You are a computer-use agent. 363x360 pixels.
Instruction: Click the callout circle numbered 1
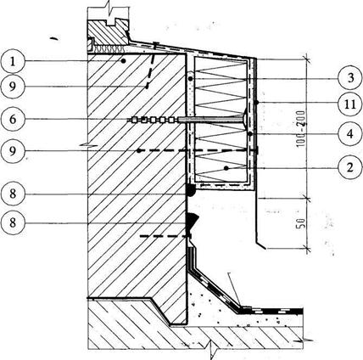point(13,61)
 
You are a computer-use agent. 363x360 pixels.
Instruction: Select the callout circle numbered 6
point(13,119)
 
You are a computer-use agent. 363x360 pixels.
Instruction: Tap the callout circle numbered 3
point(350,77)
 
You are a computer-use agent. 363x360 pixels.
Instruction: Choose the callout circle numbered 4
point(350,134)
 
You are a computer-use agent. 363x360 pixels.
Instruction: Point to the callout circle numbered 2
point(350,168)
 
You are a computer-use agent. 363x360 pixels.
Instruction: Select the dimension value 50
point(301,223)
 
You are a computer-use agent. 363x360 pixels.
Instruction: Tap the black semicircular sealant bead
point(191,190)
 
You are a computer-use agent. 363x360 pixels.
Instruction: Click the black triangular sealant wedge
point(192,220)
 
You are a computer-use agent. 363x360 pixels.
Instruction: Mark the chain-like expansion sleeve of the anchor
point(153,120)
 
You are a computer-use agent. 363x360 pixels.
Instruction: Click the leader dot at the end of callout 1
point(123,61)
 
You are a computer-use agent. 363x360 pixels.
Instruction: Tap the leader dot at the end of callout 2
point(226,168)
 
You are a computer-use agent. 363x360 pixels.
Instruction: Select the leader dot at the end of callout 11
point(257,103)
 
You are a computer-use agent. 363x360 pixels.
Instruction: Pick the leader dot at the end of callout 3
point(191,78)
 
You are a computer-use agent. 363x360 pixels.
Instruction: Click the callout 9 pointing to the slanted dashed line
point(13,87)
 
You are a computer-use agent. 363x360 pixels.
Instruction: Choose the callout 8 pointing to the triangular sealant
point(13,222)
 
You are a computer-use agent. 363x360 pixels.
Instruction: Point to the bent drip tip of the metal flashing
point(261,245)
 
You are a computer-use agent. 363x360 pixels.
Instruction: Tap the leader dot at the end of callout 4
point(250,133)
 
